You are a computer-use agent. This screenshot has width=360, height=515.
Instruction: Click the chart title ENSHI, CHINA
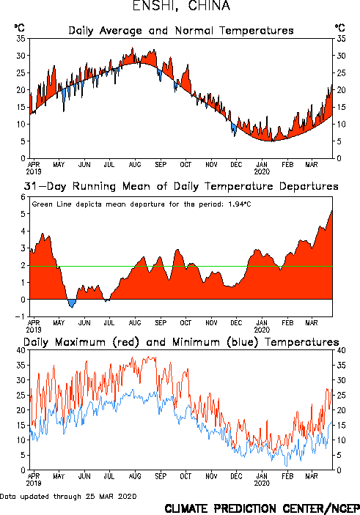pos(181,6)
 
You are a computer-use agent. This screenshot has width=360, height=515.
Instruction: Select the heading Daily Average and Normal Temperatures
pos(181,31)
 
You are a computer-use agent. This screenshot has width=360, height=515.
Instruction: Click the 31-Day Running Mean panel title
pos(181,186)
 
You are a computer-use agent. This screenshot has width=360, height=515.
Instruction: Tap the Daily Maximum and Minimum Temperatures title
pos(181,342)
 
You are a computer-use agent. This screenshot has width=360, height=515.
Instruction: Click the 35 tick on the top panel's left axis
pos(21,39)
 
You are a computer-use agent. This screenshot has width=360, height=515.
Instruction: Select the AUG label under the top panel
pos(135,165)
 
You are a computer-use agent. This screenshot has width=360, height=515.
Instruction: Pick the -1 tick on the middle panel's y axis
pos(22,316)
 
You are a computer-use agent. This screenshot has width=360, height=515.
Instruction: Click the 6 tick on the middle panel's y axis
pos(23,197)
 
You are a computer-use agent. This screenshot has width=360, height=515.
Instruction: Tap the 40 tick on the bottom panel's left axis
pos(21,350)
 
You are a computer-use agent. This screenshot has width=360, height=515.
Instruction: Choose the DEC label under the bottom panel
pos(236,476)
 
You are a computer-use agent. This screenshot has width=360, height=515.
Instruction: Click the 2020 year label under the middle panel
pos(262,330)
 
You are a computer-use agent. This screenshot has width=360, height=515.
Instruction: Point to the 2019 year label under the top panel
pos(34,171)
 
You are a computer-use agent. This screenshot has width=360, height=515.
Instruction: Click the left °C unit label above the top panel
pos(19,28)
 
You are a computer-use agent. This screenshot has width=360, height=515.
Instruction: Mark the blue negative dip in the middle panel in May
pos(72,303)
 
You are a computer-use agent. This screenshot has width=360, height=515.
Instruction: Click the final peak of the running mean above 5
pos(331,211)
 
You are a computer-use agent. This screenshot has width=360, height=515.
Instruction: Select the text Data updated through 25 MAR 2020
pos(68,496)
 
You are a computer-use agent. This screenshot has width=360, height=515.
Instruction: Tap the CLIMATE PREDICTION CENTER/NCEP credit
pos(262,508)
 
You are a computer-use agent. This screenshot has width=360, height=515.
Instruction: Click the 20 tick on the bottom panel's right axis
pos(341,410)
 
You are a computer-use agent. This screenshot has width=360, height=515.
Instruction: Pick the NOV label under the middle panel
pos(211,323)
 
